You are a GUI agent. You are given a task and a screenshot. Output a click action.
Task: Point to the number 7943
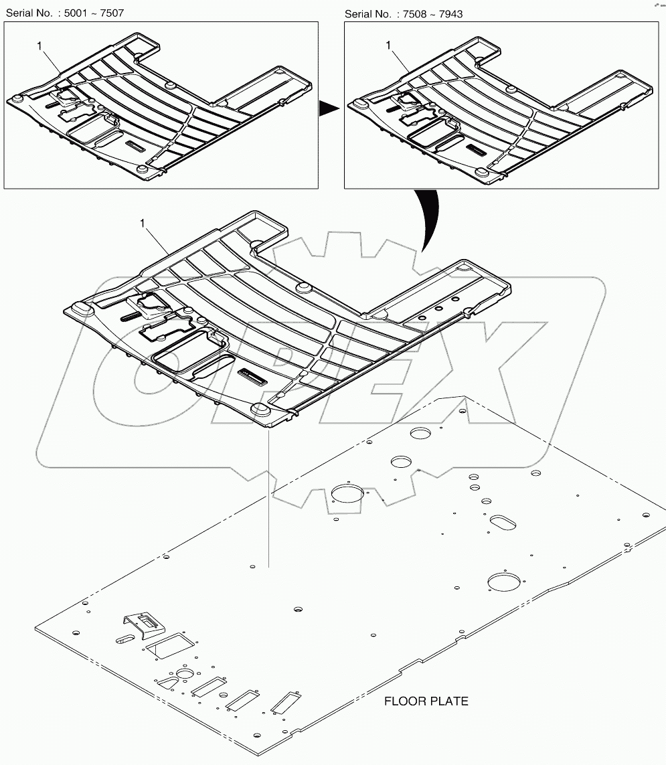(449, 13)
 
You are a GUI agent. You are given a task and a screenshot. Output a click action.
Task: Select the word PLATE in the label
(450, 701)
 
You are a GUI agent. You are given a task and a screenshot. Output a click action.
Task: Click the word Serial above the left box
(21, 13)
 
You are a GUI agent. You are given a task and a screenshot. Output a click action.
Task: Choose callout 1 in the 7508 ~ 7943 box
(388, 45)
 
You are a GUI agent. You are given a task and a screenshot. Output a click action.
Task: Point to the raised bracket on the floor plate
(143, 622)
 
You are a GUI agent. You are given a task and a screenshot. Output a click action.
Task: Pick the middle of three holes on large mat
(439, 309)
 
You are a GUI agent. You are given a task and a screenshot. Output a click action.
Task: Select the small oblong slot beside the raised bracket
(124, 640)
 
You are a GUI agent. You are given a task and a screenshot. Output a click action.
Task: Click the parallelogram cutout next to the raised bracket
(170, 643)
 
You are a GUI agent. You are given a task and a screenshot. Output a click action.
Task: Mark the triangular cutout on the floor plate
(165, 681)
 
